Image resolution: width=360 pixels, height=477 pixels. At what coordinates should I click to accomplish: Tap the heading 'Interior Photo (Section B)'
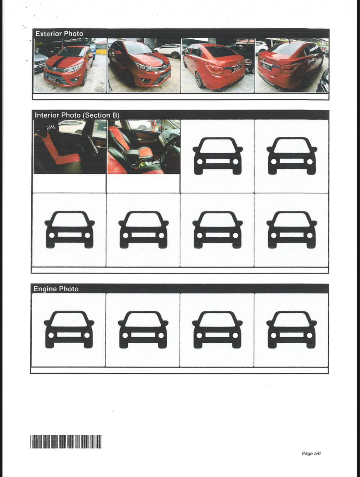(77, 115)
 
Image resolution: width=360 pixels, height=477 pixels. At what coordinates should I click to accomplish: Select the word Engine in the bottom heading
(45, 289)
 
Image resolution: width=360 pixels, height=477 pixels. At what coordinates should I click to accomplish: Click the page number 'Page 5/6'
(311, 453)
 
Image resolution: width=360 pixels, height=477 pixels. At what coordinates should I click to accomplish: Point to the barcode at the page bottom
(66, 442)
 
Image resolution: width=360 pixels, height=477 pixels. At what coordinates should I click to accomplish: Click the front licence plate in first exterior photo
(52, 80)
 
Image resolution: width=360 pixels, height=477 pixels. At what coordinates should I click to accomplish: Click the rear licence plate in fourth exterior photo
(265, 66)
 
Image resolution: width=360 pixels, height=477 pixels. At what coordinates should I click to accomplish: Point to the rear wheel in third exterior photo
(199, 80)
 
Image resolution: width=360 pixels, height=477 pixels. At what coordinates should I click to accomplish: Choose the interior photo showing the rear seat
(70, 147)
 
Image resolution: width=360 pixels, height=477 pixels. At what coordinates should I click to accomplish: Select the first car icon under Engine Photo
(69, 329)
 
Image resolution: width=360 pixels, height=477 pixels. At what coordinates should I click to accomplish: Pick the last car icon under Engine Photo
(291, 329)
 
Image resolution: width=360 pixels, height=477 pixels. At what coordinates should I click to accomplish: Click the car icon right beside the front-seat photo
(218, 156)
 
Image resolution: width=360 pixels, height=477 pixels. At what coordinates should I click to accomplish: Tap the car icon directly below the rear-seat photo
(70, 229)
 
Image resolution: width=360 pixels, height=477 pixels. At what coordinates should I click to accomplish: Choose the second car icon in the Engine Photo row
(143, 329)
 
